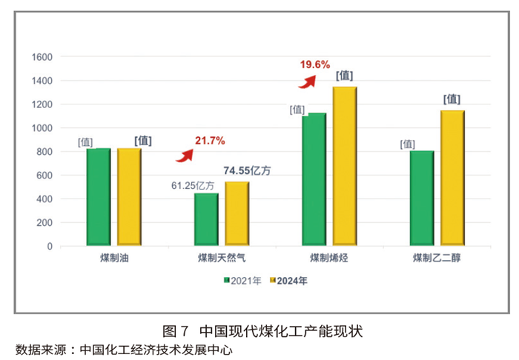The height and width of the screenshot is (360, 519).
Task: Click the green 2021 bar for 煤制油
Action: [x=98, y=197]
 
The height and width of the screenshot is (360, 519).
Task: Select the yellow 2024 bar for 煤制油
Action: [x=129, y=197]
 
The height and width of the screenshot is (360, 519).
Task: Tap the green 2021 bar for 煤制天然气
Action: [x=206, y=219]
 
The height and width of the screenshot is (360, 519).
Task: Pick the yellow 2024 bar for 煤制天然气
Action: [x=237, y=213]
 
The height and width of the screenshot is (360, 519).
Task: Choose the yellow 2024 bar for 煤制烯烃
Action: [x=345, y=166]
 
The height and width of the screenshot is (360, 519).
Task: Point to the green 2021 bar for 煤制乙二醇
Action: [x=422, y=198]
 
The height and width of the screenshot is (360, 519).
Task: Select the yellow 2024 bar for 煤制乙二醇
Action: [x=452, y=178]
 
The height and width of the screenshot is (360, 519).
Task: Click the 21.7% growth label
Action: [x=210, y=140]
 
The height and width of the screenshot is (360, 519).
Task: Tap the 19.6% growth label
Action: [x=314, y=64]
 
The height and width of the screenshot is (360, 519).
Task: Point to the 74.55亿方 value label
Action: [x=248, y=170]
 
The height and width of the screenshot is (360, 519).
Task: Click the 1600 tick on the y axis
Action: [x=42, y=57]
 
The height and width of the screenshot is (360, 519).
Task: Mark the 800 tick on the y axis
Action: [x=44, y=152]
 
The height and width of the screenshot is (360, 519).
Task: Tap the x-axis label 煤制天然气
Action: [x=222, y=259]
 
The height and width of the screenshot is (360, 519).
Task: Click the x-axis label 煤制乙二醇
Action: [x=437, y=259]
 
